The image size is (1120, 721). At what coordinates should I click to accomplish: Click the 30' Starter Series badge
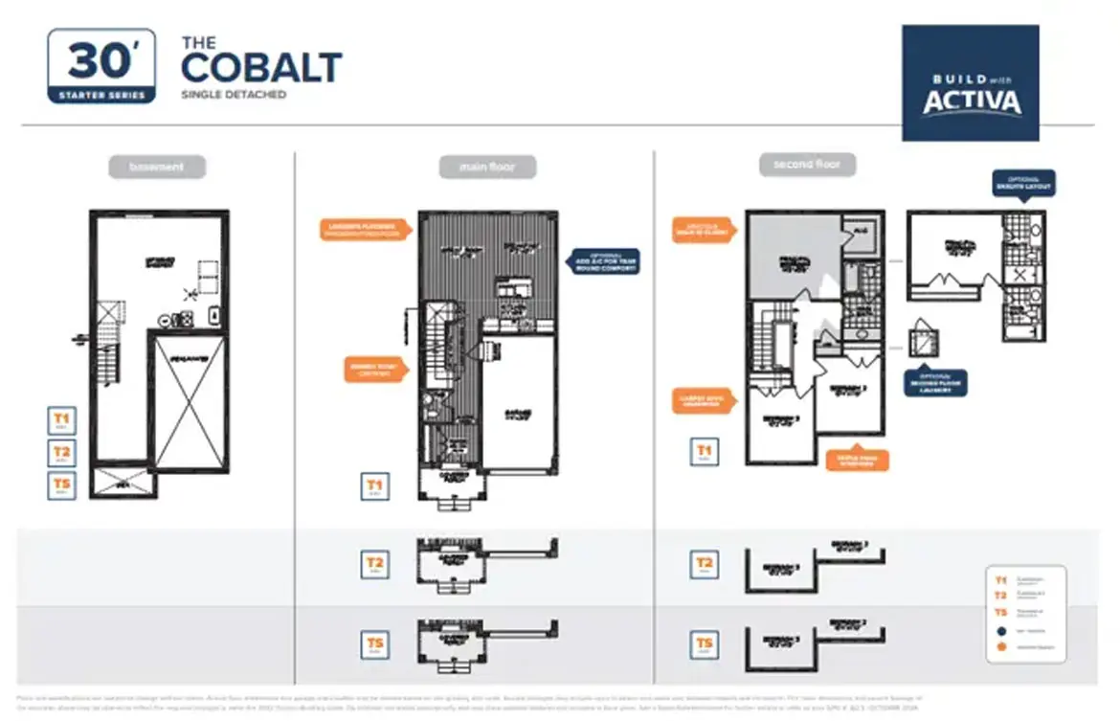point(101,65)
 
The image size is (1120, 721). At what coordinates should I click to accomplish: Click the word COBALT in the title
point(261,68)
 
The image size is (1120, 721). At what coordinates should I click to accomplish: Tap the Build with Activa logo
point(971,83)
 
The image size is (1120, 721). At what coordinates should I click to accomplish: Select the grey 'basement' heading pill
point(156,168)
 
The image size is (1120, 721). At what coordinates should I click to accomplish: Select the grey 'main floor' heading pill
point(487,168)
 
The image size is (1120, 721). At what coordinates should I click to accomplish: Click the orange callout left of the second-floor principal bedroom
point(704,230)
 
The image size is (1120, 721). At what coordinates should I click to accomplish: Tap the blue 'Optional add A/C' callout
point(605,262)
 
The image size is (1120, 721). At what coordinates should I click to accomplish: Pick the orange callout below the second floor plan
point(857,460)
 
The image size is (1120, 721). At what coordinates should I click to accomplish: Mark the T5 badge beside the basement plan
point(62,485)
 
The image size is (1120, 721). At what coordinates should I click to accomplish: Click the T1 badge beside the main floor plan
point(374,486)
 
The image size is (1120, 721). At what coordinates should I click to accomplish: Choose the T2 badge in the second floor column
point(704,564)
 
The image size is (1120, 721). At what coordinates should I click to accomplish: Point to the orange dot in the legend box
point(1001,648)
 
